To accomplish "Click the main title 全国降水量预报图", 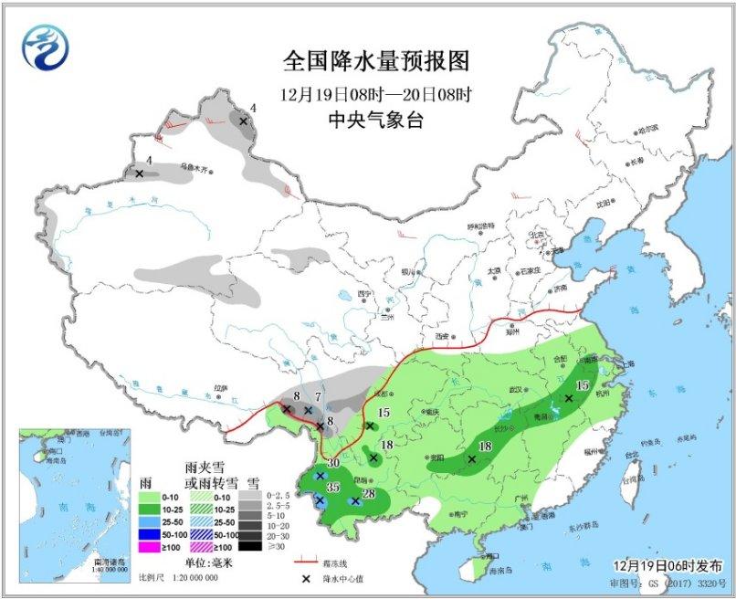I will [376, 61].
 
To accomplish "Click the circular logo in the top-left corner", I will [46, 46].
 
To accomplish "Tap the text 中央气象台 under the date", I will [376, 120].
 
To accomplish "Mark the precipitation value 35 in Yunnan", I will [333, 488].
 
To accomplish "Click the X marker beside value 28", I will [354, 500].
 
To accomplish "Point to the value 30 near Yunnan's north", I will [333, 464].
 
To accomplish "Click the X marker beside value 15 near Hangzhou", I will [568, 398].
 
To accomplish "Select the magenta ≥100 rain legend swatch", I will [153, 547].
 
